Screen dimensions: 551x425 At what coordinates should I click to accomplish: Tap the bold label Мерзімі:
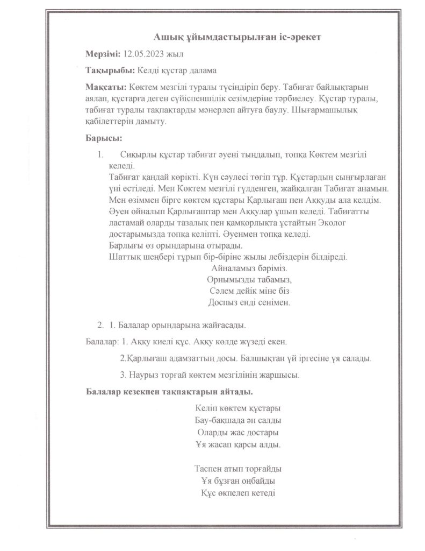tap(103, 54)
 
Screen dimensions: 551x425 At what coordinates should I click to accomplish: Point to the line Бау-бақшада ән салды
tap(239, 420)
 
